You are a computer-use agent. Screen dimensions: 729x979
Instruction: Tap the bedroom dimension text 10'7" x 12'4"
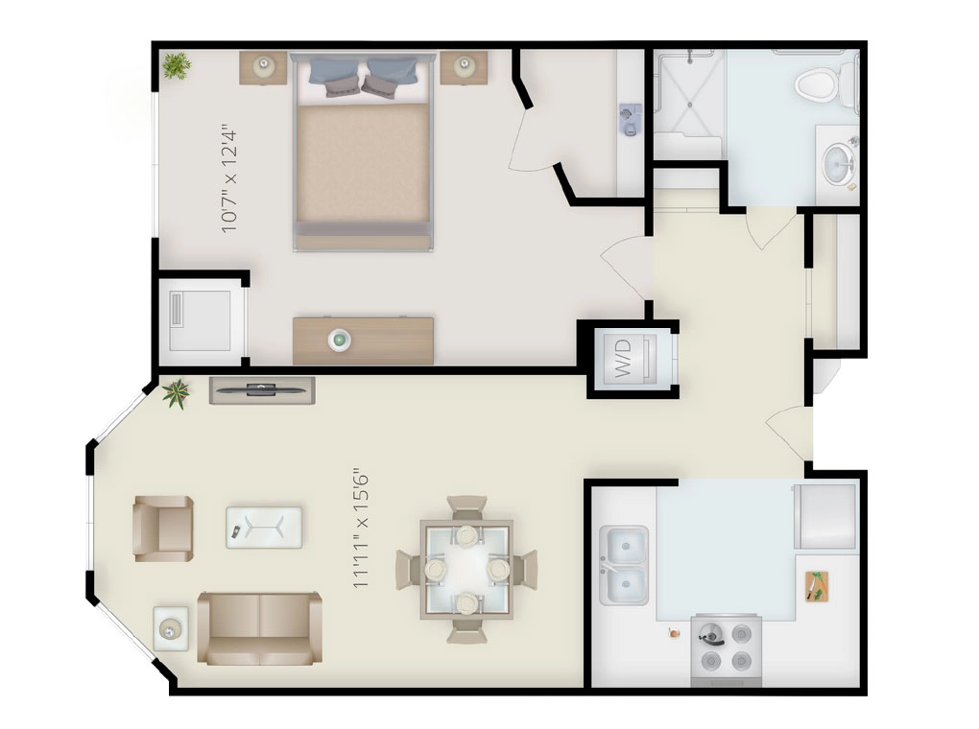tap(229, 178)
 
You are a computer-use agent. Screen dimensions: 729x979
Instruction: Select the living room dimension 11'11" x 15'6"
tap(362, 528)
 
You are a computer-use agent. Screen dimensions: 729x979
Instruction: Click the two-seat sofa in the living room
tap(259, 628)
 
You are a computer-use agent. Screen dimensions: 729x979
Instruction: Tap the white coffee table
tap(264, 528)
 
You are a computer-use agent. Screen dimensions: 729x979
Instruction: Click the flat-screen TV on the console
tap(261, 388)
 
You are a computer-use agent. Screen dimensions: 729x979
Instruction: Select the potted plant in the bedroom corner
tap(176, 65)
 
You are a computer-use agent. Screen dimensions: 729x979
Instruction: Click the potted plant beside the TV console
tap(178, 393)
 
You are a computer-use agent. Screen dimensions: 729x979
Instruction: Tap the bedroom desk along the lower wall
tap(363, 340)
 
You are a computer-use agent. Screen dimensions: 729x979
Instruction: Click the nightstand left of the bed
tap(263, 66)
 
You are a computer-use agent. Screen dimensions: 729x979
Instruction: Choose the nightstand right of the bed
tap(464, 66)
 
